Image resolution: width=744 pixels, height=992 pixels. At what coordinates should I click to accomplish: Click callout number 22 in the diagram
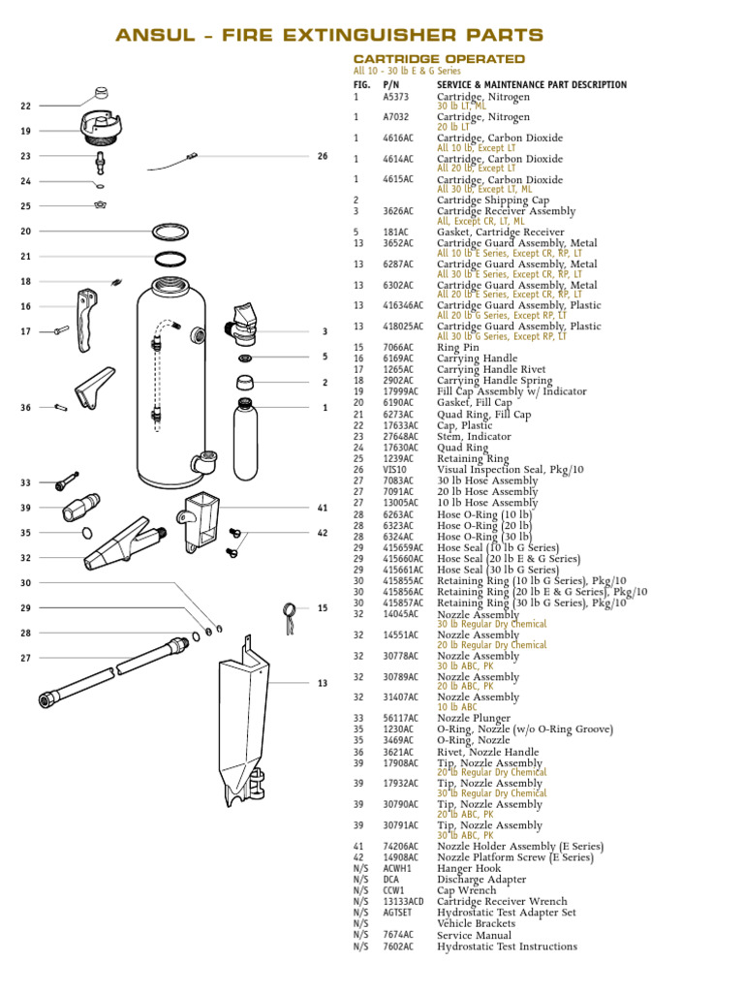26,106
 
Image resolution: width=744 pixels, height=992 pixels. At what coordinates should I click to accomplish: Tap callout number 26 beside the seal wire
323,156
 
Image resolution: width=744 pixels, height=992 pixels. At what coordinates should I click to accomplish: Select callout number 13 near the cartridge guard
323,684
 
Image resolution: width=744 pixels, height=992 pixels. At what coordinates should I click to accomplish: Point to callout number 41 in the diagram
323,508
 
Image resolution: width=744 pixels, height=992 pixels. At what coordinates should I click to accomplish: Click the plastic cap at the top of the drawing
101,94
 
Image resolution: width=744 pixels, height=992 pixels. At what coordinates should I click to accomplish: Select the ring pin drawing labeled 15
289,620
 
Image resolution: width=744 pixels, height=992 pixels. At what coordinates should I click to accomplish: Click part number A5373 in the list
395,97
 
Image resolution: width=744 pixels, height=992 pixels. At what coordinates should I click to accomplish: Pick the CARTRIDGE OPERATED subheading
439,59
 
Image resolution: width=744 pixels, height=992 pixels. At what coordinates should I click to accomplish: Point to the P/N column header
390,85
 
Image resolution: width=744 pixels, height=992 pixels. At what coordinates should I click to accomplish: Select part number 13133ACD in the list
402,902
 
